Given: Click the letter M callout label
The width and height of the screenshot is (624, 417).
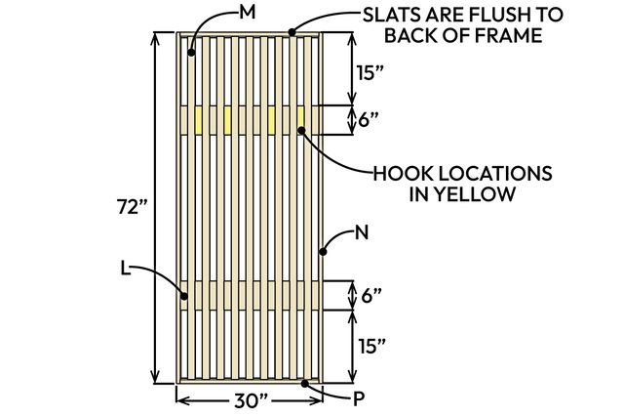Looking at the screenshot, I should point(247,13).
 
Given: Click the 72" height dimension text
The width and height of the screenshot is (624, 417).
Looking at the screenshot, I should point(131,206).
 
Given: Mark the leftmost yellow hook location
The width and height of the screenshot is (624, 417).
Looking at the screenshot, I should point(199,119).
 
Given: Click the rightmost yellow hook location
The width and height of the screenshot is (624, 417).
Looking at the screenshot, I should point(300,119).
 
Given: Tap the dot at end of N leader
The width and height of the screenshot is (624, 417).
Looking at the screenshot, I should point(323,252).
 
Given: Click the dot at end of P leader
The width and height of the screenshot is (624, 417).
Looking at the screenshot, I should point(308,383).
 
